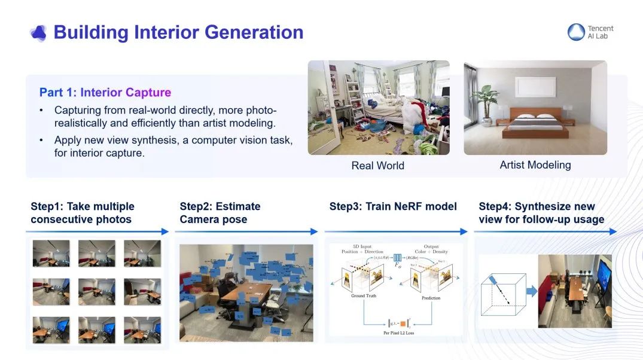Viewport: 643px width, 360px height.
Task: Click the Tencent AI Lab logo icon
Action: pos(576,32)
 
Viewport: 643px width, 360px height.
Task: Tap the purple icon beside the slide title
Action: pos(38,33)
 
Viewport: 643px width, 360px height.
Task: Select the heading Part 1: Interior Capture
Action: pos(105,92)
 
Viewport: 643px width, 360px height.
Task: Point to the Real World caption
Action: pos(377,166)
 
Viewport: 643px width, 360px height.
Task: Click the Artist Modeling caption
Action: pos(535,165)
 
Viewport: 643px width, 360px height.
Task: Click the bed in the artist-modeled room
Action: pos(535,125)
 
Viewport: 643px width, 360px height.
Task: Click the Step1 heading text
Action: pos(83,213)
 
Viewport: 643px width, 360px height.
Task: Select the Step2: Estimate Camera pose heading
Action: pos(220,213)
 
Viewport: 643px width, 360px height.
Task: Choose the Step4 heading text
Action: pos(541,213)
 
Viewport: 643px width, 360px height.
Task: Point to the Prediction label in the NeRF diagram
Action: pos(430,298)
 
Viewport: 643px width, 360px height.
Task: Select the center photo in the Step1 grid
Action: pos(96,291)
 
